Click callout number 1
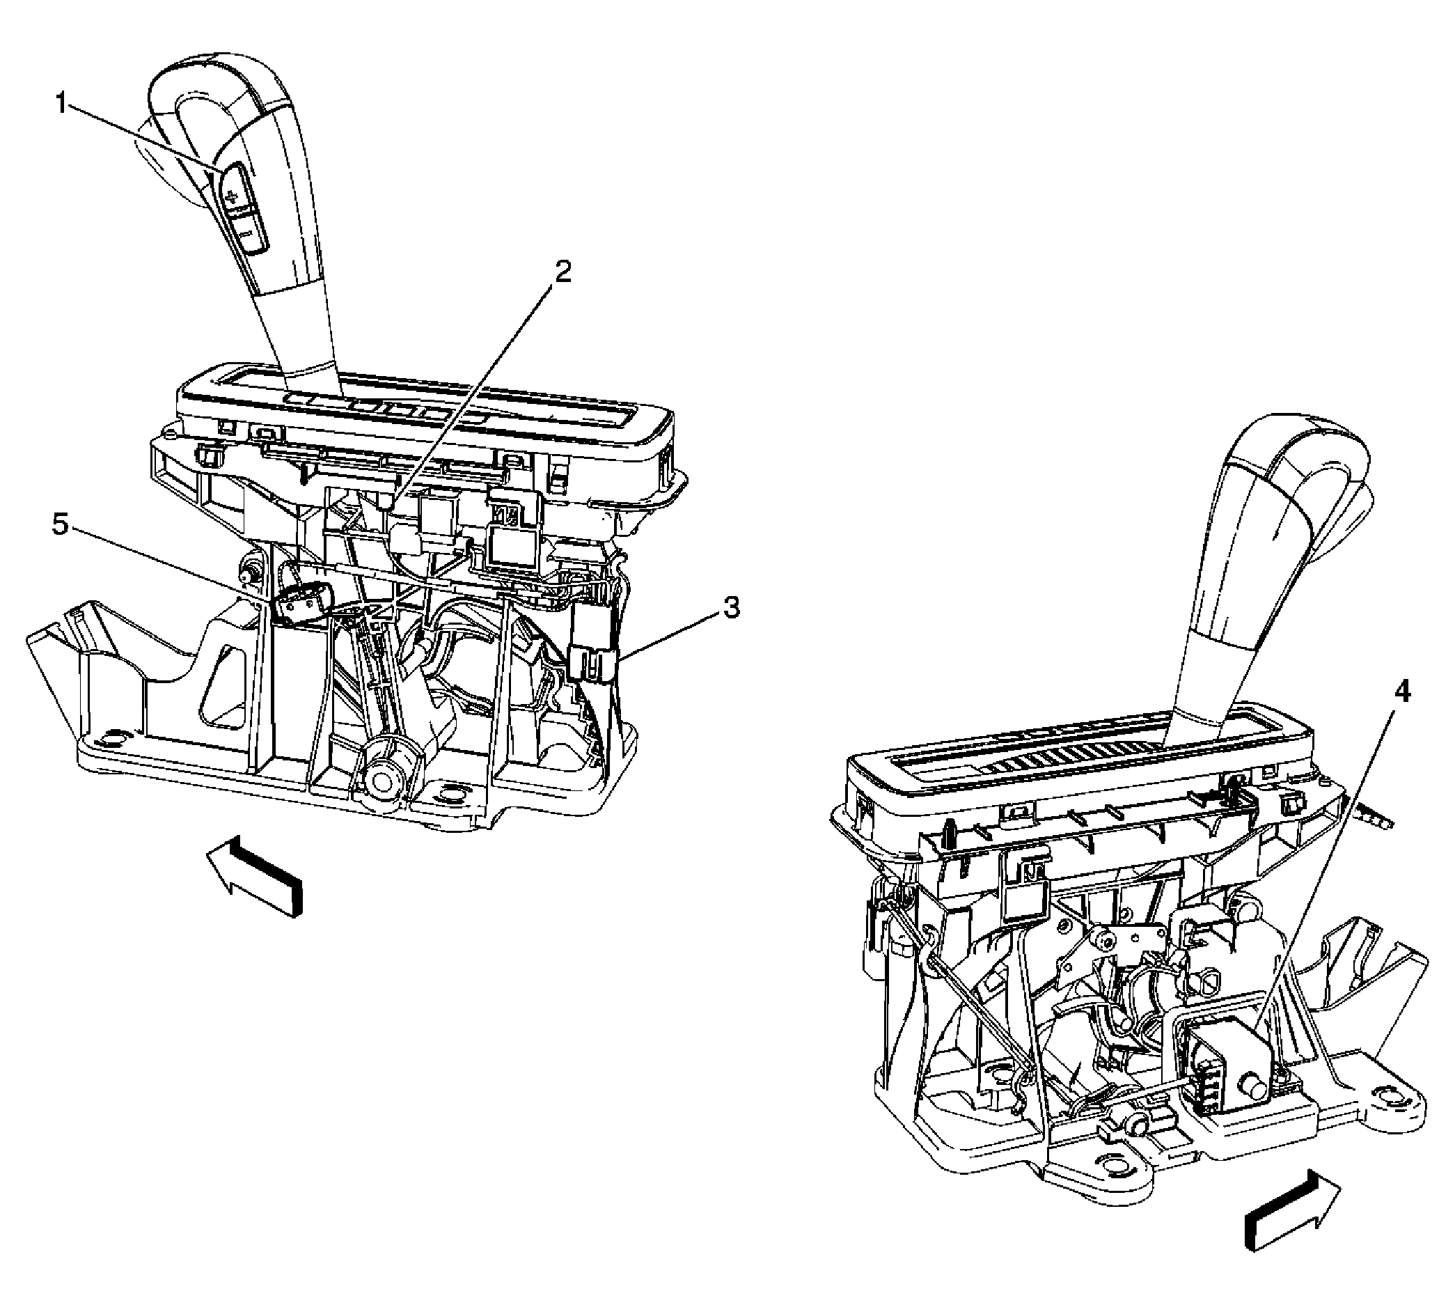[x=63, y=104]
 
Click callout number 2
[x=563, y=272]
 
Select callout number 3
[x=730, y=609]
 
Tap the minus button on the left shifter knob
[x=248, y=234]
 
